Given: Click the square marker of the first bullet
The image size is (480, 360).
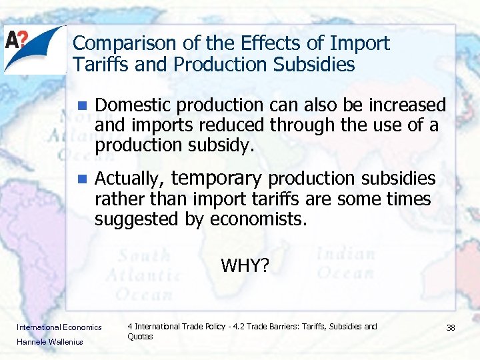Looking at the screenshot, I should [x=82, y=106].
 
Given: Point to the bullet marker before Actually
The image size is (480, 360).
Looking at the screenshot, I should [x=82, y=179].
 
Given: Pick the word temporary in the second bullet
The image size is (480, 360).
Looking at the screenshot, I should [x=217, y=179].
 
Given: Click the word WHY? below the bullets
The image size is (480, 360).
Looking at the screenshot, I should [x=245, y=266].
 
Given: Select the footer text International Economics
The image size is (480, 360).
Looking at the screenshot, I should [x=59, y=327].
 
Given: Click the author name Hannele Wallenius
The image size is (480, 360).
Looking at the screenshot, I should [x=50, y=341].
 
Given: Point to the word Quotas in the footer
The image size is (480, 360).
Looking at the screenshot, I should [x=140, y=337].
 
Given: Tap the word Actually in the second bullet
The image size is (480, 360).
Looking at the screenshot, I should [x=129, y=179].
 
